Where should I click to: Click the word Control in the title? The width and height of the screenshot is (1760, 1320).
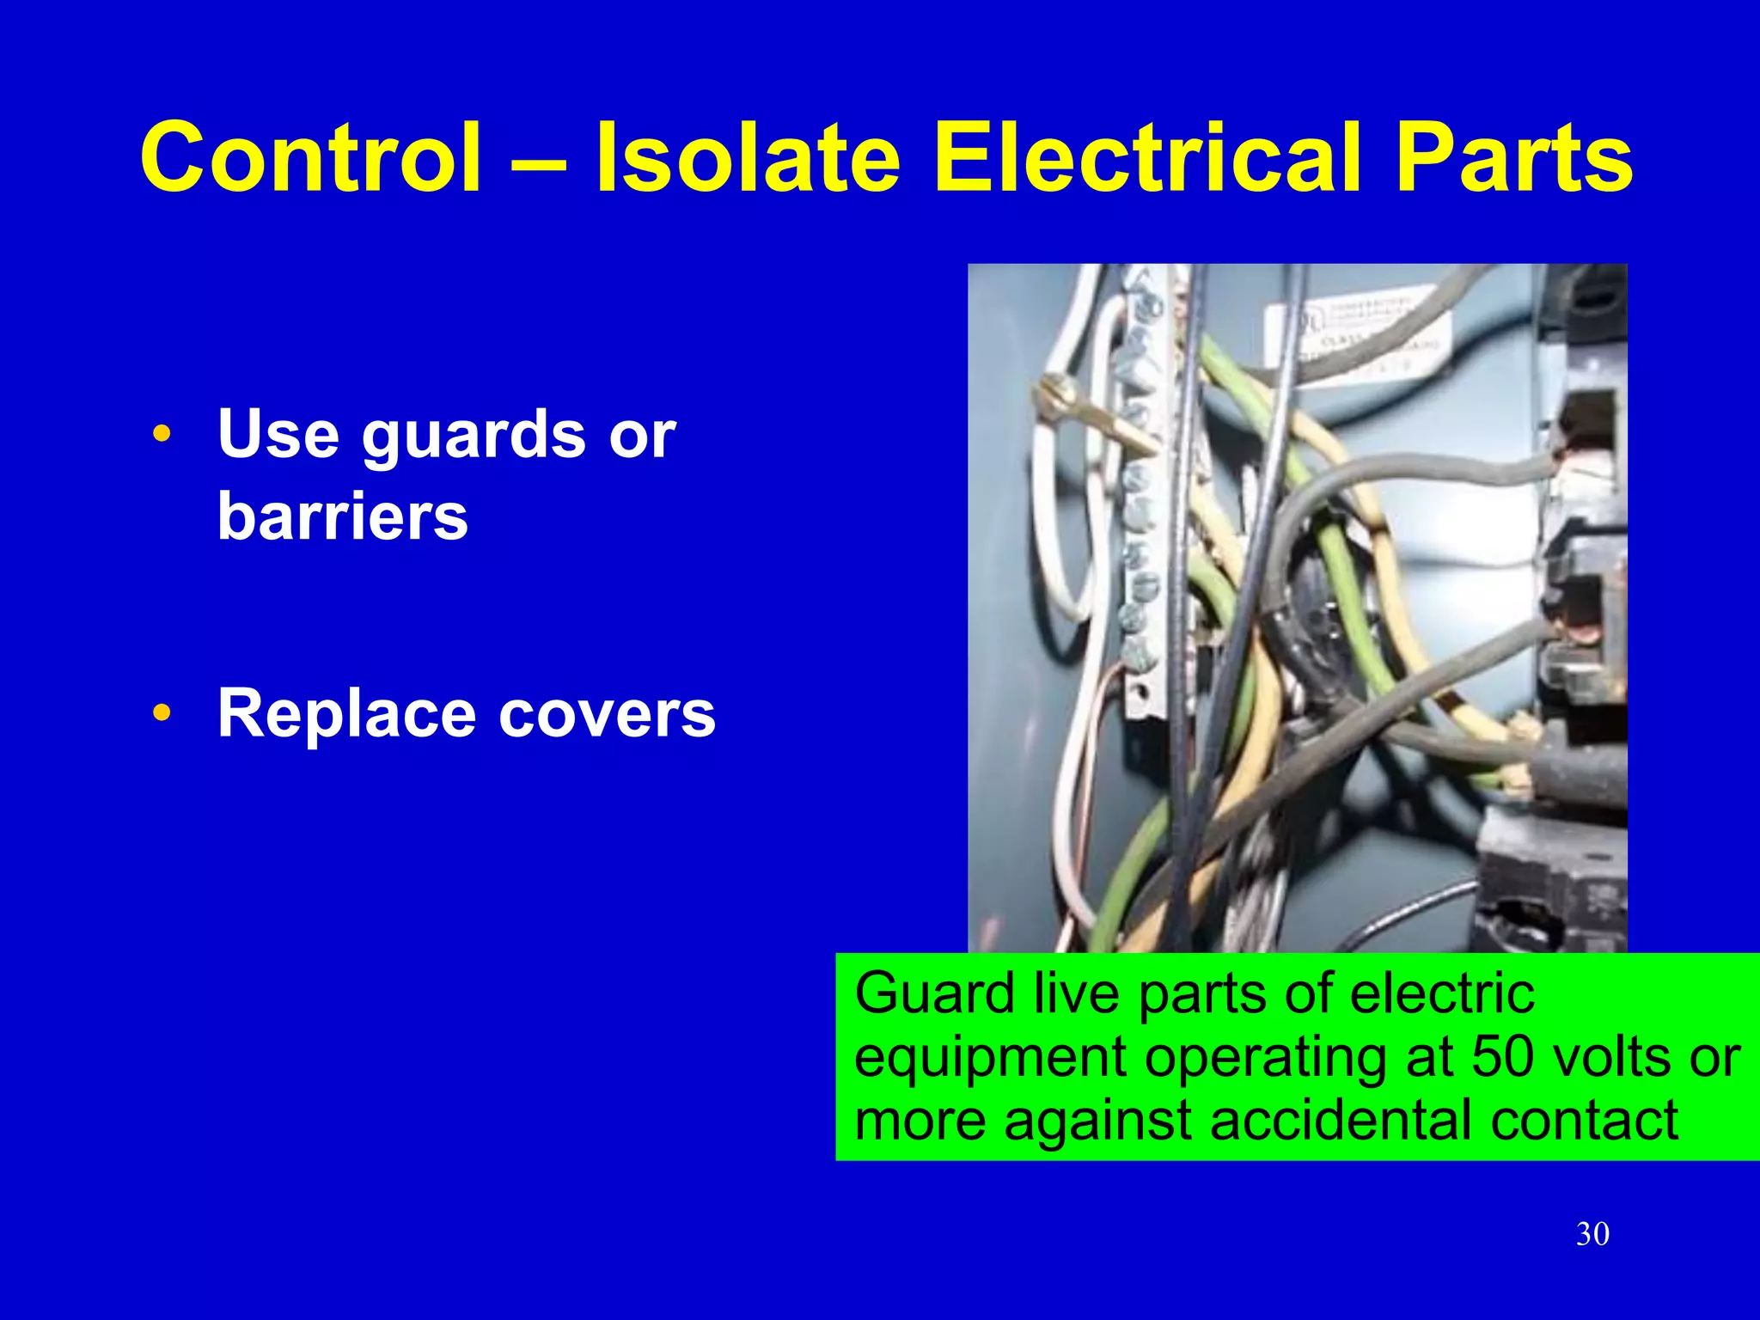[x=310, y=159]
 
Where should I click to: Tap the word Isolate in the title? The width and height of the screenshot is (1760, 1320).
[x=748, y=159]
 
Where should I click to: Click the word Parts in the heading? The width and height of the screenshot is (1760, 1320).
[x=1513, y=159]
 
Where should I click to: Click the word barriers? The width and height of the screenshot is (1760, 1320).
[x=343, y=516]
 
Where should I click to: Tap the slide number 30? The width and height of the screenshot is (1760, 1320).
[x=1592, y=1234]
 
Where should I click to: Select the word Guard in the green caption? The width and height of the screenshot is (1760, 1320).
[x=935, y=994]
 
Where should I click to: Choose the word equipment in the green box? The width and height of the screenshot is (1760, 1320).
[x=990, y=1059]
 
